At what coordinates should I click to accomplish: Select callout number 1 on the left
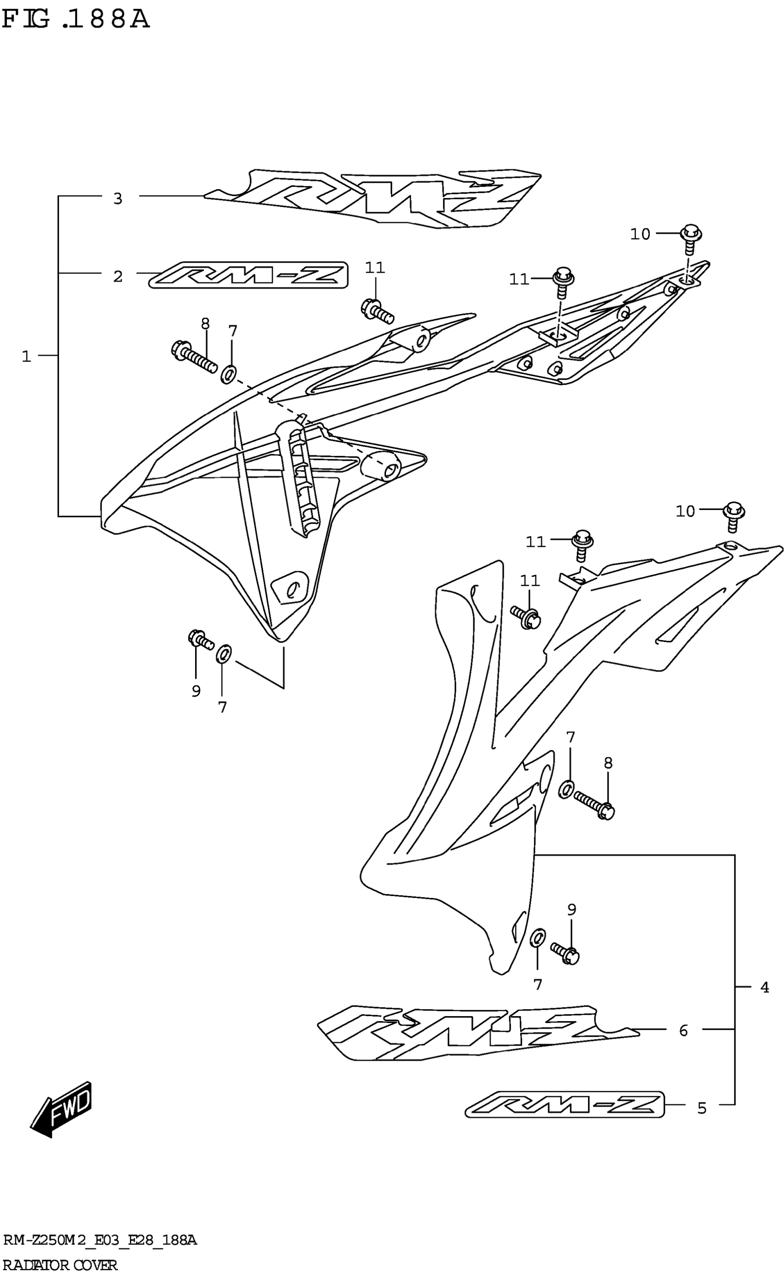click(x=26, y=356)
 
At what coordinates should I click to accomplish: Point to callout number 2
click(x=118, y=276)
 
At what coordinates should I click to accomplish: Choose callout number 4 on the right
click(x=764, y=987)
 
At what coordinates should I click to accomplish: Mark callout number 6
click(x=683, y=1031)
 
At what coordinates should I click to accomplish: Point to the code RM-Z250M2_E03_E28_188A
click(x=100, y=1241)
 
